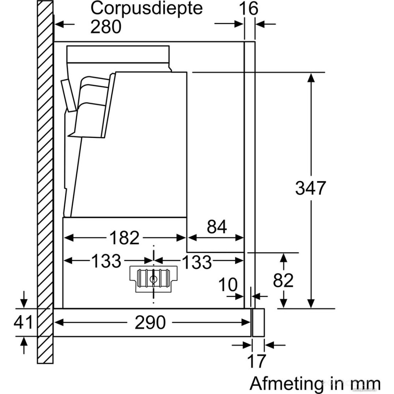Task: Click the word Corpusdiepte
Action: click(146, 9)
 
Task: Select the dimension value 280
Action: click(106, 27)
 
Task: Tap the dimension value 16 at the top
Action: click(249, 9)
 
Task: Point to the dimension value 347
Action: click(311, 188)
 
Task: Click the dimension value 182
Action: click(124, 238)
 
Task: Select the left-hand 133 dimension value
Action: click(106, 261)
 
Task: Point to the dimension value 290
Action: click(150, 323)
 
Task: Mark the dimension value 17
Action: click(256, 361)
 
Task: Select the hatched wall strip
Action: click(46, 181)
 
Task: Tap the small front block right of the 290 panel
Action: click(258, 322)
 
